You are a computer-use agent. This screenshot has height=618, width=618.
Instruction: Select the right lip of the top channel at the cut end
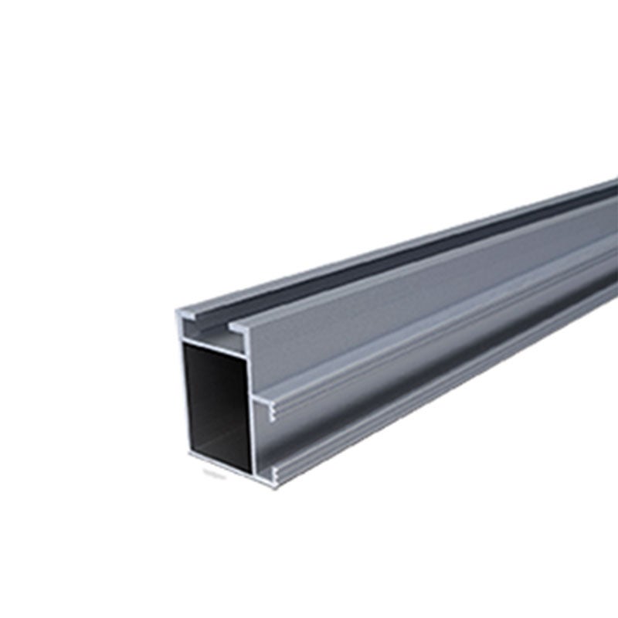click(240, 328)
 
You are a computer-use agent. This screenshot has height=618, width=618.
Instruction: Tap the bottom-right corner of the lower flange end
click(277, 479)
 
